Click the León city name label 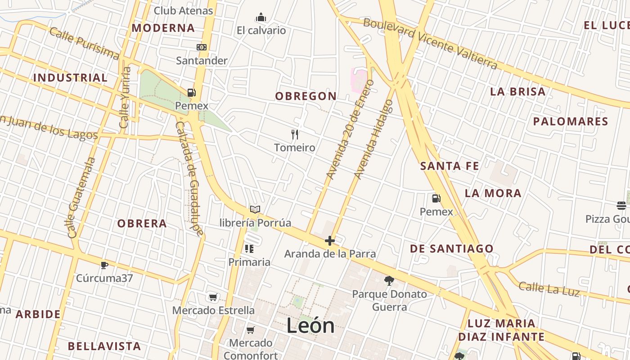coord(310,326)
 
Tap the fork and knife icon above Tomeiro coord(295,134)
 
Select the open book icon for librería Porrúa coord(255,210)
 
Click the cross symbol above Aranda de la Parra coord(330,241)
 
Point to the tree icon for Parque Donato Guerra coord(389,281)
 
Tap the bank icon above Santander coord(202,47)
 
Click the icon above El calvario coord(261,18)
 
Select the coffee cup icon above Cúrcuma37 coord(104,265)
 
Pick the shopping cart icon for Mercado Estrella coord(213,297)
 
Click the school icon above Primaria coord(249,249)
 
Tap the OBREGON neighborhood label coord(306,96)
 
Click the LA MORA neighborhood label coord(493,193)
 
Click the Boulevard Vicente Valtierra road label coord(430,44)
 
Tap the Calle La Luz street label coord(549,288)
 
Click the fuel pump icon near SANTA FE coord(436,198)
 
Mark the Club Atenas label coord(183,10)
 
